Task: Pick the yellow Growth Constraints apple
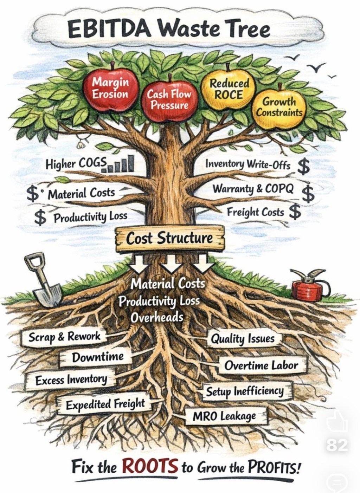(279, 107)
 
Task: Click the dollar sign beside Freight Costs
(295, 212)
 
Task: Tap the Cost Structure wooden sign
(169, 239)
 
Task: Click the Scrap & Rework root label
(65, 337)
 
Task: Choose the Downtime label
(98, 357)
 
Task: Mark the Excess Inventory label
(71, 380)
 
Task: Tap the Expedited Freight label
(105, 404)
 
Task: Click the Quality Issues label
(242, 339)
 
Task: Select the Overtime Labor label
(261, 365)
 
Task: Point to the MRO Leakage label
(224, 416)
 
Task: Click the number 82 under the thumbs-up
(336, 445)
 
